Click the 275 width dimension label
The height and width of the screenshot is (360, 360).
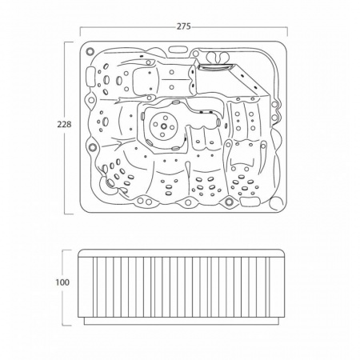click(184, 26)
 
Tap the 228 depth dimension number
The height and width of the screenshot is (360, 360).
click(64, 124)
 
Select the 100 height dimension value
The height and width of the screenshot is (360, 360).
click(62, 282)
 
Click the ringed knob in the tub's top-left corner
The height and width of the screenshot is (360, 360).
click(90, 50)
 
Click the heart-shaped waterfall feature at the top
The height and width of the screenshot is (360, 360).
click(218, 57)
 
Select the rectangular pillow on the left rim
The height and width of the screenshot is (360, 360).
click(90, 77)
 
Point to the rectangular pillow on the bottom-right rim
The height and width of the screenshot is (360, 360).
click(250, 201)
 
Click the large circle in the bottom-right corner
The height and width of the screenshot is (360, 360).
click(276, 203)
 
